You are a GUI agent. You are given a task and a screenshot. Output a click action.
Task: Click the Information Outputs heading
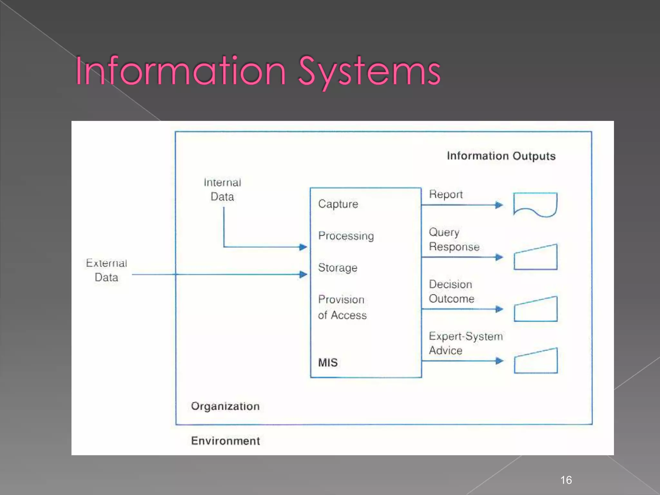501,156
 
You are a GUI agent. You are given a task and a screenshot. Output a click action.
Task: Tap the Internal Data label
222,189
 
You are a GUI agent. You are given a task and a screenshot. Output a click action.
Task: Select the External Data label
106,270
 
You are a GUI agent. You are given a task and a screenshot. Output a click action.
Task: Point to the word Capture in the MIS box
338,204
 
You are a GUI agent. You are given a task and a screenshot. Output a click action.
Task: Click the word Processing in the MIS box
346,236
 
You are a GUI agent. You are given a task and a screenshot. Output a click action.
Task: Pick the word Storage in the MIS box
337,267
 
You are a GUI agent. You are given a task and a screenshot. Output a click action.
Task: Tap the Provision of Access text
342,307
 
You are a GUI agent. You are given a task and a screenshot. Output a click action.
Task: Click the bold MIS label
328,363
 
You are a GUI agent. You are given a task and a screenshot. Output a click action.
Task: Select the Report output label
446,194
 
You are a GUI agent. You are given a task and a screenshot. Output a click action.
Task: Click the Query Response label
454,239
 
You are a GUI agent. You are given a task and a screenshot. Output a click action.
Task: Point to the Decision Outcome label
451,291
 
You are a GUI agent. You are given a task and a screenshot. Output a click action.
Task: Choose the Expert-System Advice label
465,343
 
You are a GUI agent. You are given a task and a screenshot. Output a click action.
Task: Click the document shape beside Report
535,204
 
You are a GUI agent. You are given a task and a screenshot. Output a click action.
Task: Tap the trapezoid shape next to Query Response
536,258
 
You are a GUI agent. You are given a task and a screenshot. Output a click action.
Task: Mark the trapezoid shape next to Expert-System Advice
536,362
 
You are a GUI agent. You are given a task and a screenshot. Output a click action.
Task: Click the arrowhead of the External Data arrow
303,275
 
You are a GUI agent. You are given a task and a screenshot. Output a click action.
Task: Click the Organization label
225,406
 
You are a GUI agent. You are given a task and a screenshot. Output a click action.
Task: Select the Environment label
225,441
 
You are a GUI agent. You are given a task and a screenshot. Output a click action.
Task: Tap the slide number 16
566,480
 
